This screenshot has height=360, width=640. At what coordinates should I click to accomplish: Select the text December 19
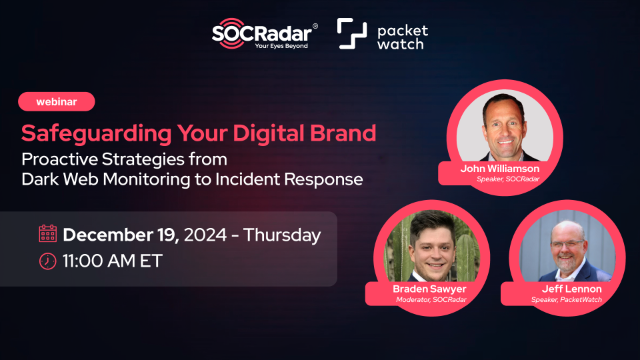123,236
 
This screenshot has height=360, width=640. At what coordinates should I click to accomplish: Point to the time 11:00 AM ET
112,262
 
